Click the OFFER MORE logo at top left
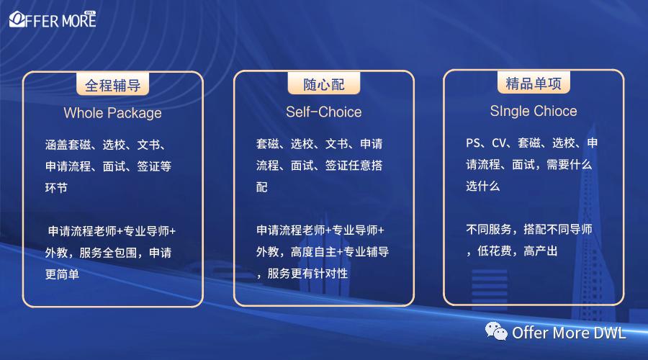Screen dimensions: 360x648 click(x=52, y=19)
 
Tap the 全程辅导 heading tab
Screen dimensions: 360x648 click(x=112, y=86)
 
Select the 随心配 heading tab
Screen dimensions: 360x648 click(x=324, y=85)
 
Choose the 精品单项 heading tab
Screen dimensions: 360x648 click(x=534, y=84)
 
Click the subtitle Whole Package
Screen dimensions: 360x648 click(x=112, y=113)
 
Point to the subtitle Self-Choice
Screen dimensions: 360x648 click(x=323, y=112)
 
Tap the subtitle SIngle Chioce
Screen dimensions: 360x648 click(x=534, y=111)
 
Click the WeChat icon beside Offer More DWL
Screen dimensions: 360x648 click(x=496, y=332)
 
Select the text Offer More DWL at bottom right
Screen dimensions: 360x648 click(x=569, y=333)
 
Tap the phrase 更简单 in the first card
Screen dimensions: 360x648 click(x=62, y=274)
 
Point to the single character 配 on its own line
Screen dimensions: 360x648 click(x=262, y=187)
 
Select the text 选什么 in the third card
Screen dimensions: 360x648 click(x=482, y=186)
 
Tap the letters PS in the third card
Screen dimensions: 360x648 click(x=473, y=143)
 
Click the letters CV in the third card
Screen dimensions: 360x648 click(x=500, y=143)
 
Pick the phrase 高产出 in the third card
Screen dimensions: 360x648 click(x=541, y=251)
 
